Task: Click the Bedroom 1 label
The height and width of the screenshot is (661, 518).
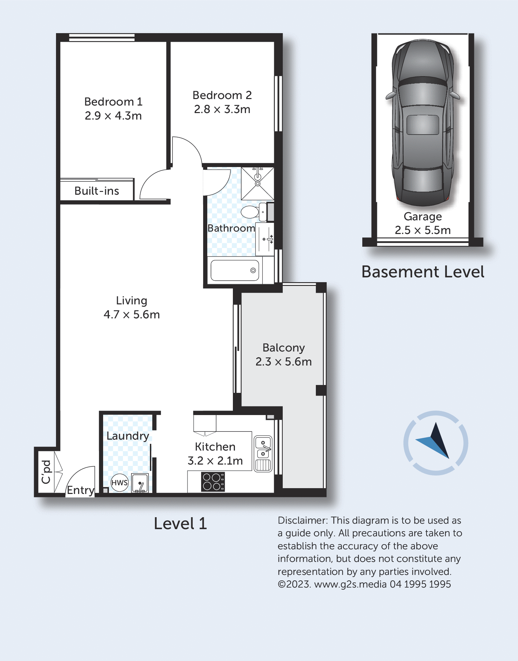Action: coord(113,102)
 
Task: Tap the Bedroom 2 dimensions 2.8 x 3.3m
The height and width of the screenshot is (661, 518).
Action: coord(222,109)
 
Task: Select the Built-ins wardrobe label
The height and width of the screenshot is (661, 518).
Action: coord(97,191)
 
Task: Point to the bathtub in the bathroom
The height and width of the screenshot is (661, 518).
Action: coord(235,271)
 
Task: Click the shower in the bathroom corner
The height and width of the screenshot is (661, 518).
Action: coord(257,183)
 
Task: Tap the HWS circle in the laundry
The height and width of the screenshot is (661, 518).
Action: coord(120,482)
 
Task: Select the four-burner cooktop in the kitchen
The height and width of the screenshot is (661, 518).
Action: coord(213,482)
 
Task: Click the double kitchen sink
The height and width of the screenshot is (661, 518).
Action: coord(263,454)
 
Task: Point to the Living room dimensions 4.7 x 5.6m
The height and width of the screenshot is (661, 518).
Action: coord(132,314)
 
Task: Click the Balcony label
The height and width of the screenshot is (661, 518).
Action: coord(283,348)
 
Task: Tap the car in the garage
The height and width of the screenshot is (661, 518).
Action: coord(423,123)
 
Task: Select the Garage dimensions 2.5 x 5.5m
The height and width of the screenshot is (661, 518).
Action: coord(423,230)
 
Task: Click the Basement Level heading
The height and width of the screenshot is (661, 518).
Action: coord(423,272)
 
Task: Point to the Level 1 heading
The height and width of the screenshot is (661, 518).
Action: coord(180,524)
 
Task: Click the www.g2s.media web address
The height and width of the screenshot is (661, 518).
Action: coord(350,584)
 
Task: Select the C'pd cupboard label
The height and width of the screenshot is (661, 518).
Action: coord(46,472)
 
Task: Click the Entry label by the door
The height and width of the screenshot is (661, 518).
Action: coord(81,490)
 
